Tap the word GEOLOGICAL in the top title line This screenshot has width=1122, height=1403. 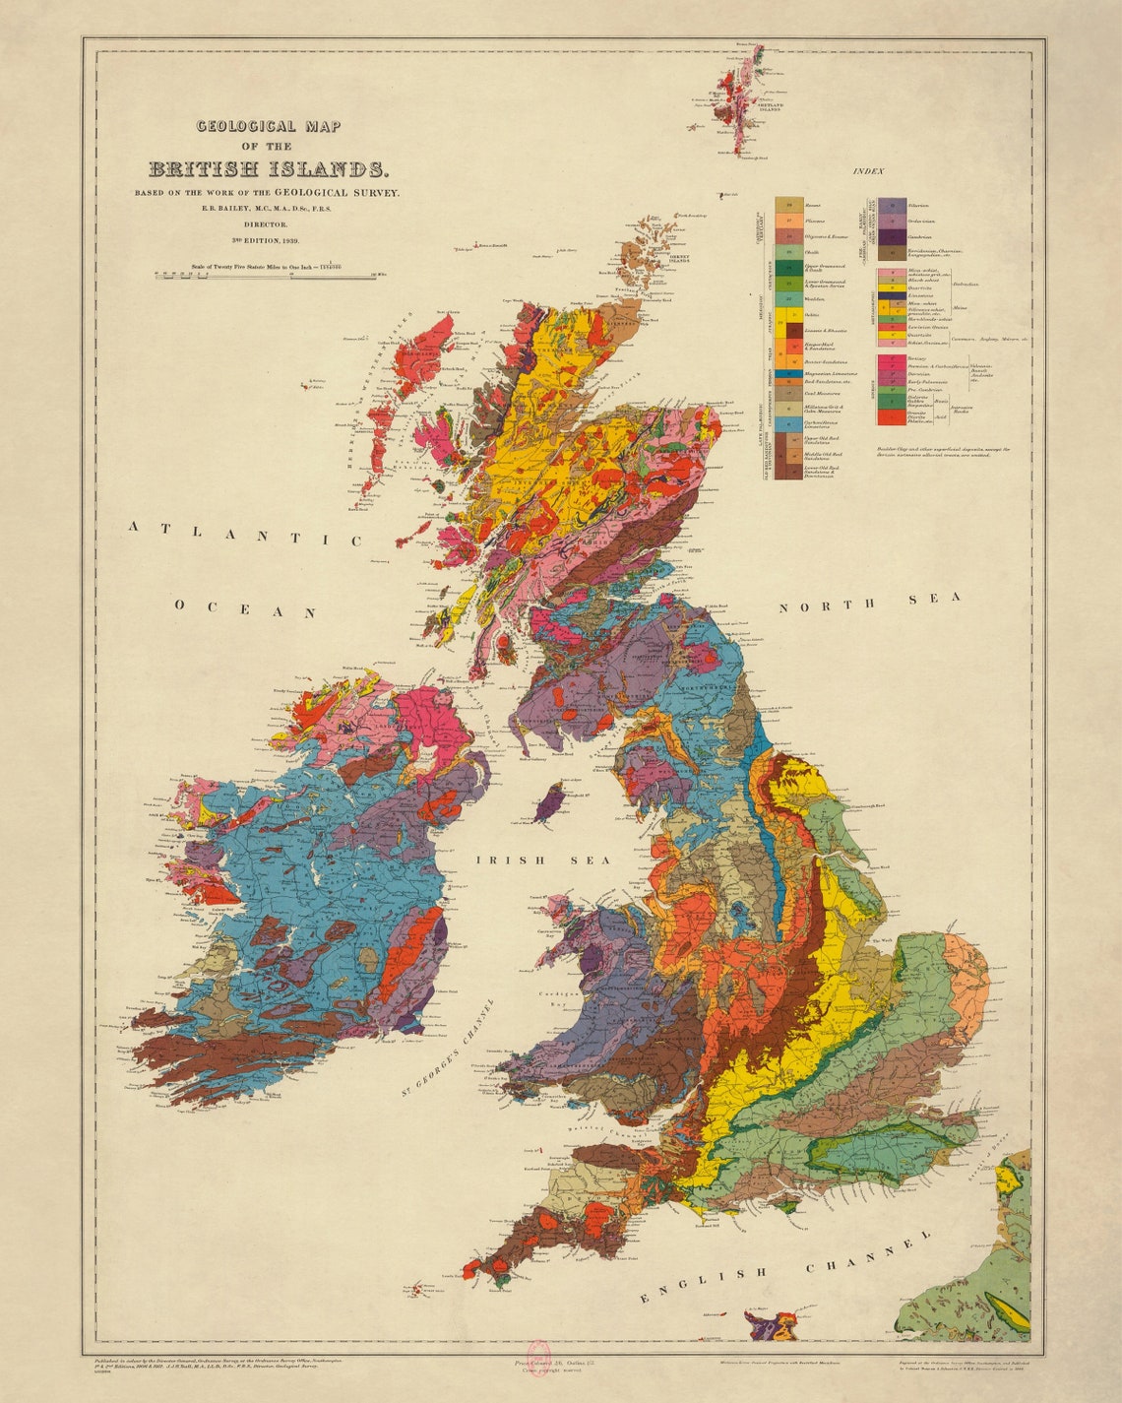coord(246,126)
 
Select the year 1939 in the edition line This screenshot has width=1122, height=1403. coord(289,240)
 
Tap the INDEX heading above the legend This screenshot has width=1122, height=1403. coord(868,171)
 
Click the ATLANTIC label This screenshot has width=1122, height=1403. coord(245,534)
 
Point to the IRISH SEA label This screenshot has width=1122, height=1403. coord(543,860)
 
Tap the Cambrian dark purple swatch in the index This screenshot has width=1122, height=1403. coord(893,237)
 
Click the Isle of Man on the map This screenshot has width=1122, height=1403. coord(547,803)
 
